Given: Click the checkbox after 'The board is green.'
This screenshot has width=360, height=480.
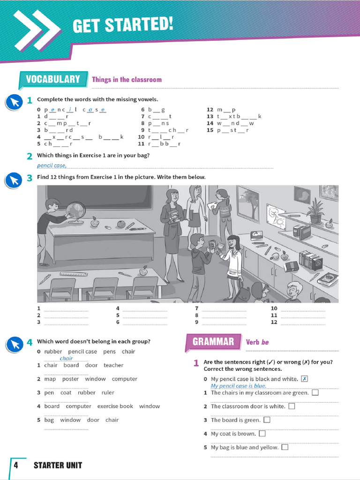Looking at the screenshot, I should click(267, 420).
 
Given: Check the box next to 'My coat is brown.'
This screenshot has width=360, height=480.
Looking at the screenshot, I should click(262, 434).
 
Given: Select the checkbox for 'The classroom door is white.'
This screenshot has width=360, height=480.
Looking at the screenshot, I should click(292, 406).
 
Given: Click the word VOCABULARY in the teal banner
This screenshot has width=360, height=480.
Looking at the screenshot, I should click(52, 79).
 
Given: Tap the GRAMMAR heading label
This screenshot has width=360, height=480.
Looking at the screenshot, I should click(213, 342).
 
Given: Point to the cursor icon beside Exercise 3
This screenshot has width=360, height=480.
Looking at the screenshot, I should click(15, 180).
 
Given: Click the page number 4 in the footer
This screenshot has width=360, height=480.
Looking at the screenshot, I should click(15, 465).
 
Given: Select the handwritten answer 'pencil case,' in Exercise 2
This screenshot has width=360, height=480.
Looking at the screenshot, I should click(52, 165).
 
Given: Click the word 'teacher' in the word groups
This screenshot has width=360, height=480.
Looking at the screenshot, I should click(113, 365).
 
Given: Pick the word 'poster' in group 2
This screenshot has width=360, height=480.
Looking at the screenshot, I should click(70, 379).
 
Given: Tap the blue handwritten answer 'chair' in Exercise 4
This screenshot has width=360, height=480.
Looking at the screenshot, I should click(66, 359).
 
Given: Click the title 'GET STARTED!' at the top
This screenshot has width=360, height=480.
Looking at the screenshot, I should click(123, 25).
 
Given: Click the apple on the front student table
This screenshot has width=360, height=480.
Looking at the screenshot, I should click(143, 271).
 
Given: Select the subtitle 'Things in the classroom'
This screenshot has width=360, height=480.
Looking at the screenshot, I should click(127, 80).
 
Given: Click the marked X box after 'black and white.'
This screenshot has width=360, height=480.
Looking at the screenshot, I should click(305, 379).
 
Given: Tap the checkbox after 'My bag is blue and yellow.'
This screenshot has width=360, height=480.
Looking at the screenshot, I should click(285, 447).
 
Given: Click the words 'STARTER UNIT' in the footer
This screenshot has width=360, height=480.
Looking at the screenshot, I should click(58, 465).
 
